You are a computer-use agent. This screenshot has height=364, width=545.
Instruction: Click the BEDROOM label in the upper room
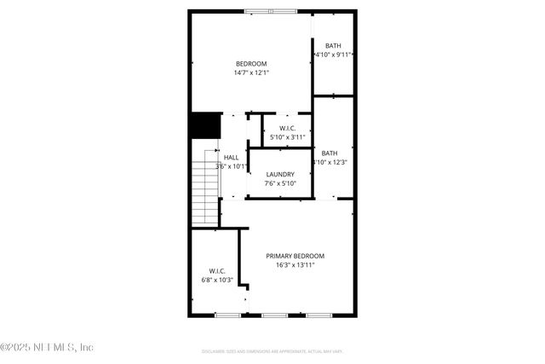click(x=251, y=64)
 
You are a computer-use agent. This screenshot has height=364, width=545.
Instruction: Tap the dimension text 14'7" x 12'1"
click(x=251, y=73)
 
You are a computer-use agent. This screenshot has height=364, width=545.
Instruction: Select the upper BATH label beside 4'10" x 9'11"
click(x=334, y=46)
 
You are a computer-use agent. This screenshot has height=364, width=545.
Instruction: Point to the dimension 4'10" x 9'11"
click(x=334, y=55)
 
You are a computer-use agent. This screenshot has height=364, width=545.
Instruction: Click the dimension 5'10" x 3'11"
click(x=287, y=137)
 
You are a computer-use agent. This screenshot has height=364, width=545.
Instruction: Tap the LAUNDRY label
click(x=280, y=174)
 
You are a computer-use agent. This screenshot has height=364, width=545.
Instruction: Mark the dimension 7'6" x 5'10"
click(x=280, y=183)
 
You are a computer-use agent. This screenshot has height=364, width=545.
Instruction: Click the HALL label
click(x=231, y=158)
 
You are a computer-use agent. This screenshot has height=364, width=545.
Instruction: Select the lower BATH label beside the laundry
click(x=329, y=153)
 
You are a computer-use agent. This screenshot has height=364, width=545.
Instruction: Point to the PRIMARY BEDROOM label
click(x=295, y=256)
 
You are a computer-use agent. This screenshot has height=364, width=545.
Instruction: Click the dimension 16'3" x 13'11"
click(x=295, y=265)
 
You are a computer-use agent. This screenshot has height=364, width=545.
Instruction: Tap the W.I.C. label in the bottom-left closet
click(x=216, y=271)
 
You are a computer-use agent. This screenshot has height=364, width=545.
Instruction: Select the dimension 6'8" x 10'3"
click(x=216, y=280)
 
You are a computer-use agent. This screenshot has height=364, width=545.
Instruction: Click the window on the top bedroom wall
click(x=271, y=11)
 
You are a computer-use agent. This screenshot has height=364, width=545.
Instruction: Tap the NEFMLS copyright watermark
click(x=48, y=347)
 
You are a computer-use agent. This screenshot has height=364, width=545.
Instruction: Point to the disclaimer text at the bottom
click(x=272, y=350)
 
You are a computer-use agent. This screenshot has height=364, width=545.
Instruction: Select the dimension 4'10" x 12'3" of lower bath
click(x=330, y=162)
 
